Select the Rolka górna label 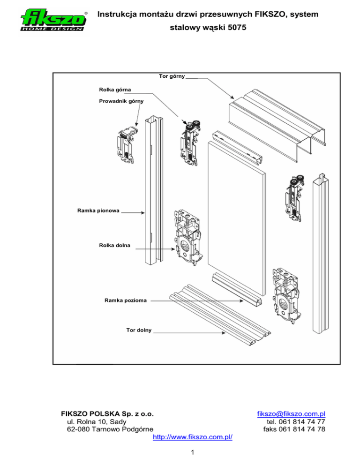point(115,89)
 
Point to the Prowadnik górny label point(121,101)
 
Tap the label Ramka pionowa point(97,211)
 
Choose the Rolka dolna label point(114,245)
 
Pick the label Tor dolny point(138,330)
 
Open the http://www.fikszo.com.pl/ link point(193,437)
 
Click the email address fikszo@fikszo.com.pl point(292,414)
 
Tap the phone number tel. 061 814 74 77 point(294,421)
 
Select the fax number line point(294,429)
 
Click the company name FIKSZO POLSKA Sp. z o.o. point(108,414)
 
